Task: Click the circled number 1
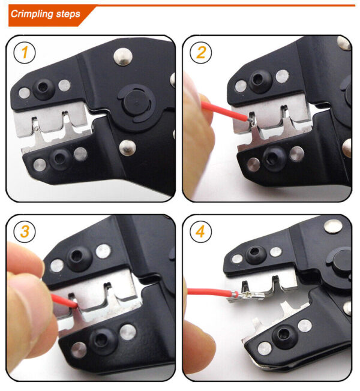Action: [24, 53]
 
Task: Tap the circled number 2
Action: [200, 53]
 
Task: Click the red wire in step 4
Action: [206, 293]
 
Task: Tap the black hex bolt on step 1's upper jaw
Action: [44, 89]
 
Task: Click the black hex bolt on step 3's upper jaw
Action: [77, 257]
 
